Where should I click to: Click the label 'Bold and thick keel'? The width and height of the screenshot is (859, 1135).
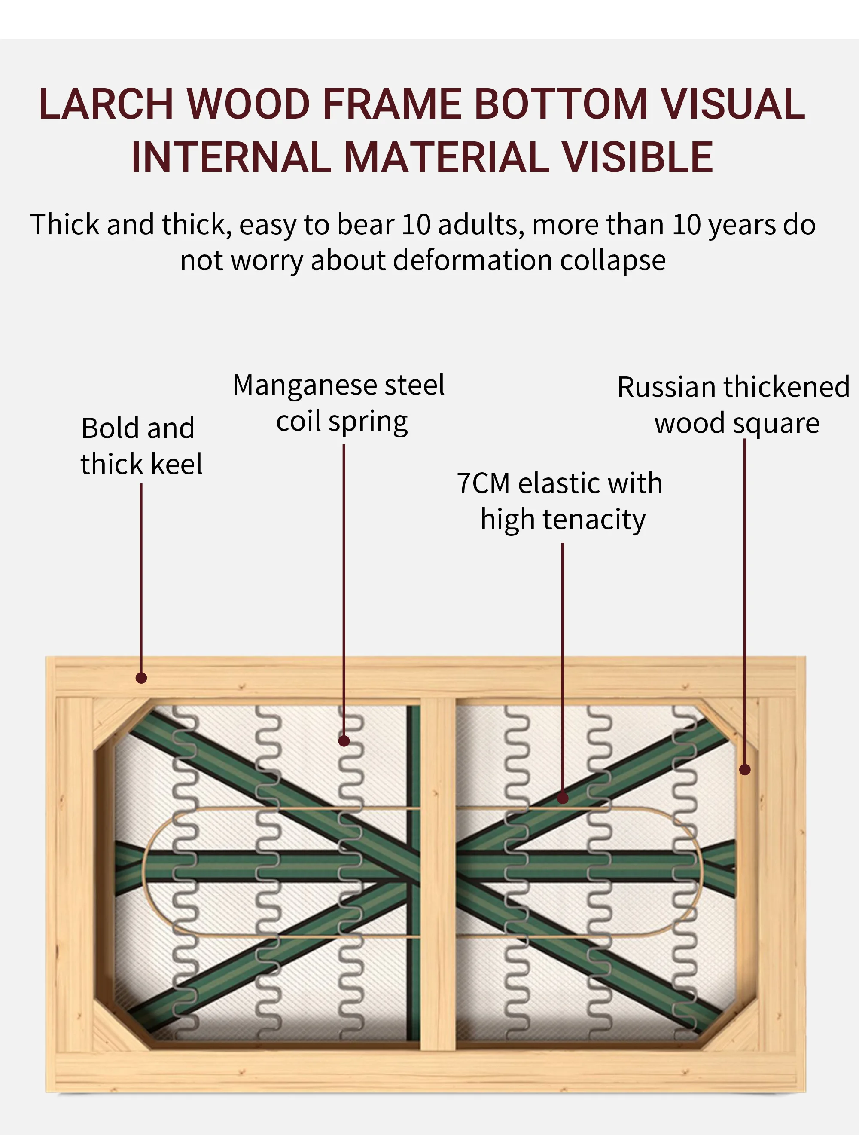[140, 445]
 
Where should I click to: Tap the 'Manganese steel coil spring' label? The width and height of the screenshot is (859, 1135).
[339, 403]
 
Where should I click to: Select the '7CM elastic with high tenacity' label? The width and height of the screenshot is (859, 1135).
[560, 501]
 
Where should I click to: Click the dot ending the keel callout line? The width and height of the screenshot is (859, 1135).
[141, 678]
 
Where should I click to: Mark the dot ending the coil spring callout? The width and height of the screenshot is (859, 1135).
[344, 741]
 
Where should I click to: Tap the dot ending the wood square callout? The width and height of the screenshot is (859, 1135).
[745, 770]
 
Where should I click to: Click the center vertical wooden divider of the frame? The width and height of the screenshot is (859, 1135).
[438, 872]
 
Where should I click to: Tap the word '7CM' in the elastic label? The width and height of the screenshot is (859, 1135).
[483, 483]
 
